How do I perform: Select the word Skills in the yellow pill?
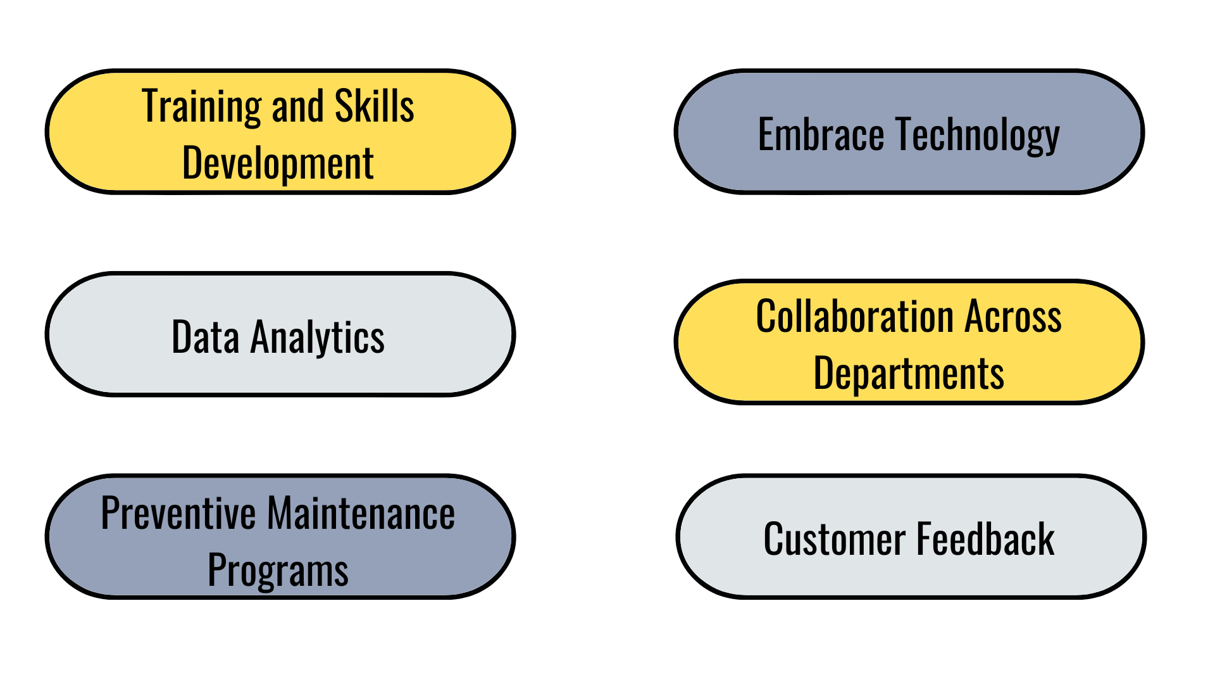[374, 106]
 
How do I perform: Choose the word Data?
[205, 337]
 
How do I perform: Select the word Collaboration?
[855, 316]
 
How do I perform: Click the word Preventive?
[178, 513]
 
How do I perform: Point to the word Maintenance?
[361, 513]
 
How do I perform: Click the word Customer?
[834, 540]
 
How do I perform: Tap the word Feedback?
[985, 540]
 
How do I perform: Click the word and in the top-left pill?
[297, 106]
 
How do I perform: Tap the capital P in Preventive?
[110, 513]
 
